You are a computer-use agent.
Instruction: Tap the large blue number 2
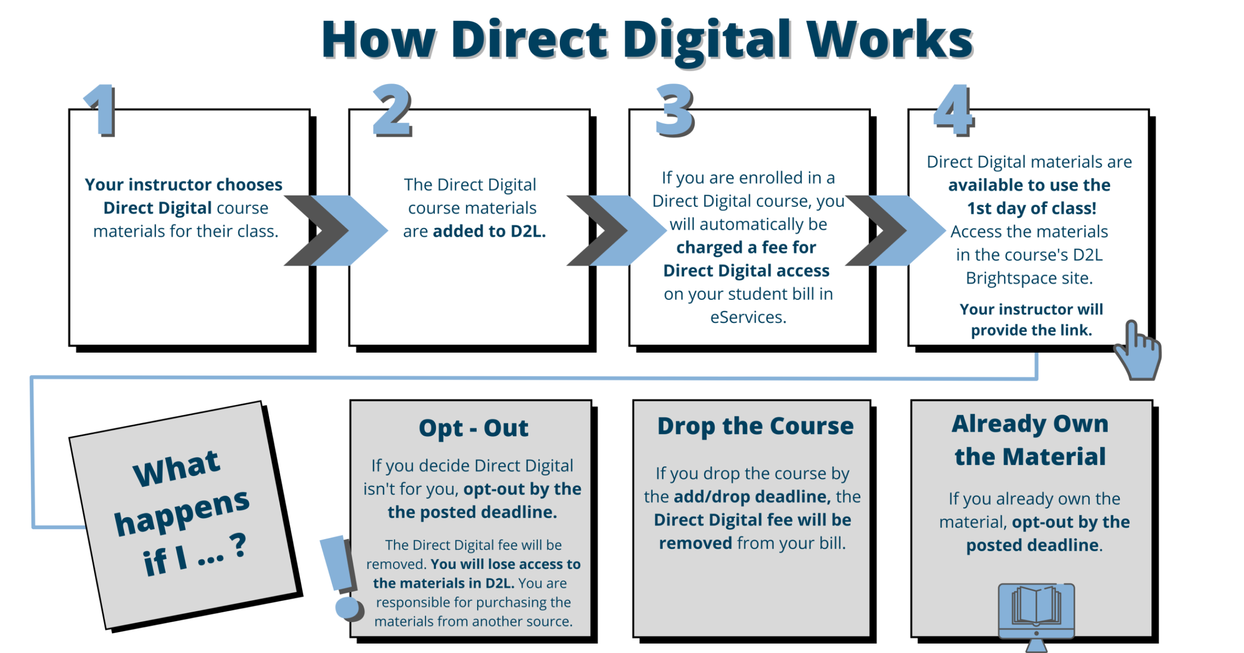[x=393, y=110]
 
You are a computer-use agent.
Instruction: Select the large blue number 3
[x=675, y=110]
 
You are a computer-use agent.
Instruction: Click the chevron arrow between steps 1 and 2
[x=336, y=230]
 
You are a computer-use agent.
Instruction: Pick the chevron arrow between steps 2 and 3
[x=617, y=230]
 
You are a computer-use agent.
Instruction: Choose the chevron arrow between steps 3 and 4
[x=896, y=230]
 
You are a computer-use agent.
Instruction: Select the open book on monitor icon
[x=1037, y=617]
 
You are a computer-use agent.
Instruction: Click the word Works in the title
[x=890, y=40]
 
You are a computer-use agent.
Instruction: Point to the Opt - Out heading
[x=473, y=428]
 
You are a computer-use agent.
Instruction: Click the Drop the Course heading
[x=755, y=426]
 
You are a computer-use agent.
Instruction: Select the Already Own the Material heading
[x=1030, y=440]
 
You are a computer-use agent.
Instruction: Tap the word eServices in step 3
[x=748, y=317]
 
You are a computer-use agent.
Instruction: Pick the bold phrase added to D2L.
[x=490, y=231]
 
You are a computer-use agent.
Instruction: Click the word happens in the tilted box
[x=182, y=512]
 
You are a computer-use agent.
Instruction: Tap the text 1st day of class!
[x=1032, y=208]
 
